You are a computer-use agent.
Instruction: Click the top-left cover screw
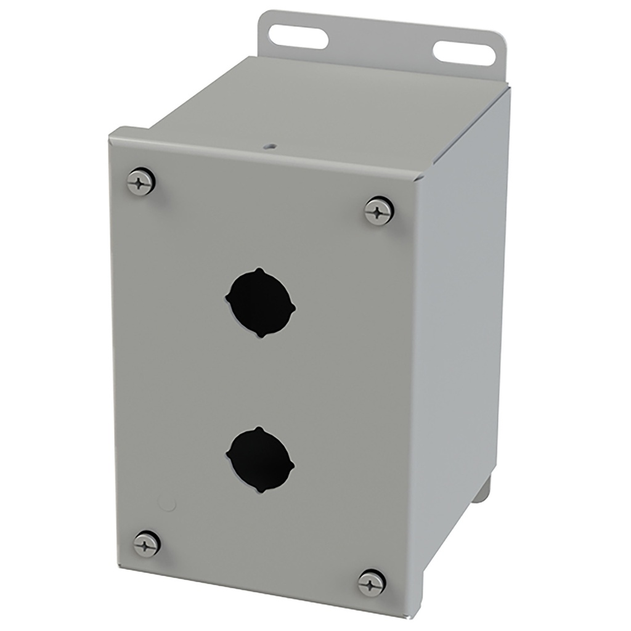point(140,182)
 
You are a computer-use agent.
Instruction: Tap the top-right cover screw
point(379,211)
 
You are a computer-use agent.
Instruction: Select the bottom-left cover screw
point(147,543)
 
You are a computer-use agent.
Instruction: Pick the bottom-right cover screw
point(372,582)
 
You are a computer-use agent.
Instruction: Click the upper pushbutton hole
point(261,303)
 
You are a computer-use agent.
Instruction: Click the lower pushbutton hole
point(261,460)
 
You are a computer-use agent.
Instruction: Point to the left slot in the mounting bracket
point(298,38)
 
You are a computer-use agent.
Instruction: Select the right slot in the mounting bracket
point(464,52)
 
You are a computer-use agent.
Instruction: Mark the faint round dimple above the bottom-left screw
point(166,503)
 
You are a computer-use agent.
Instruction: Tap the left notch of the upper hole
point(228,301)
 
